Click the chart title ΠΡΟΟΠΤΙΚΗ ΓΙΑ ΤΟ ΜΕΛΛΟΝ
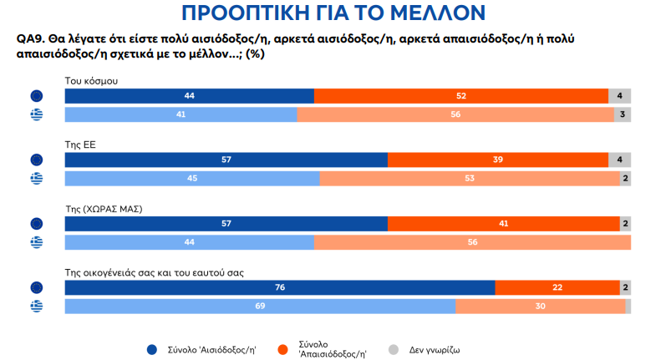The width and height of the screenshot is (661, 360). click(x=331, y=13)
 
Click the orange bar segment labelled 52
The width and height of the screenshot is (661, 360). click(x=460, y=96)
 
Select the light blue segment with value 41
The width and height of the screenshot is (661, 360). click(x=181, y=115)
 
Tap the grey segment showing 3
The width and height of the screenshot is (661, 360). click(x=622, y=115)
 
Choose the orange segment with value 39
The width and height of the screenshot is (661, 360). click(x=498, y=160)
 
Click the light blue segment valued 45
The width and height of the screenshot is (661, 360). click(x=192, y=179)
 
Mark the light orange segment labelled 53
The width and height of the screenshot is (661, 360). click(x=470, y=179)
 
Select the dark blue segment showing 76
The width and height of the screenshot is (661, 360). click(x=280, y=287)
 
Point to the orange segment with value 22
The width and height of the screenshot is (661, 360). click(x=557, y=287)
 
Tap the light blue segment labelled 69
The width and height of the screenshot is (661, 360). click(x=260, y=307)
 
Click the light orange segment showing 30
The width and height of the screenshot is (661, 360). click(x=541, y=307)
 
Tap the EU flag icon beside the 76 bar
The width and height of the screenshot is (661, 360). click(x=37, y=287)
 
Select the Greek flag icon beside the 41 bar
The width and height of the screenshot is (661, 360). click(x=37, y=115)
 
